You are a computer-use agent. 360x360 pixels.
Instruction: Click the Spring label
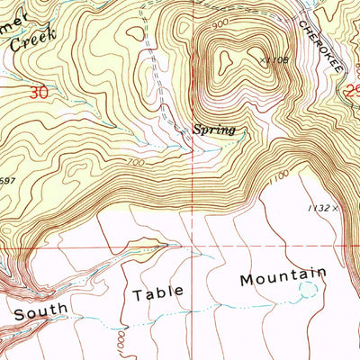[214, 130]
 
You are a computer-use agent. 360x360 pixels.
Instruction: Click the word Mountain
[282, 276]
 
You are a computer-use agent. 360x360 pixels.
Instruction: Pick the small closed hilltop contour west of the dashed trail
[135, 33]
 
